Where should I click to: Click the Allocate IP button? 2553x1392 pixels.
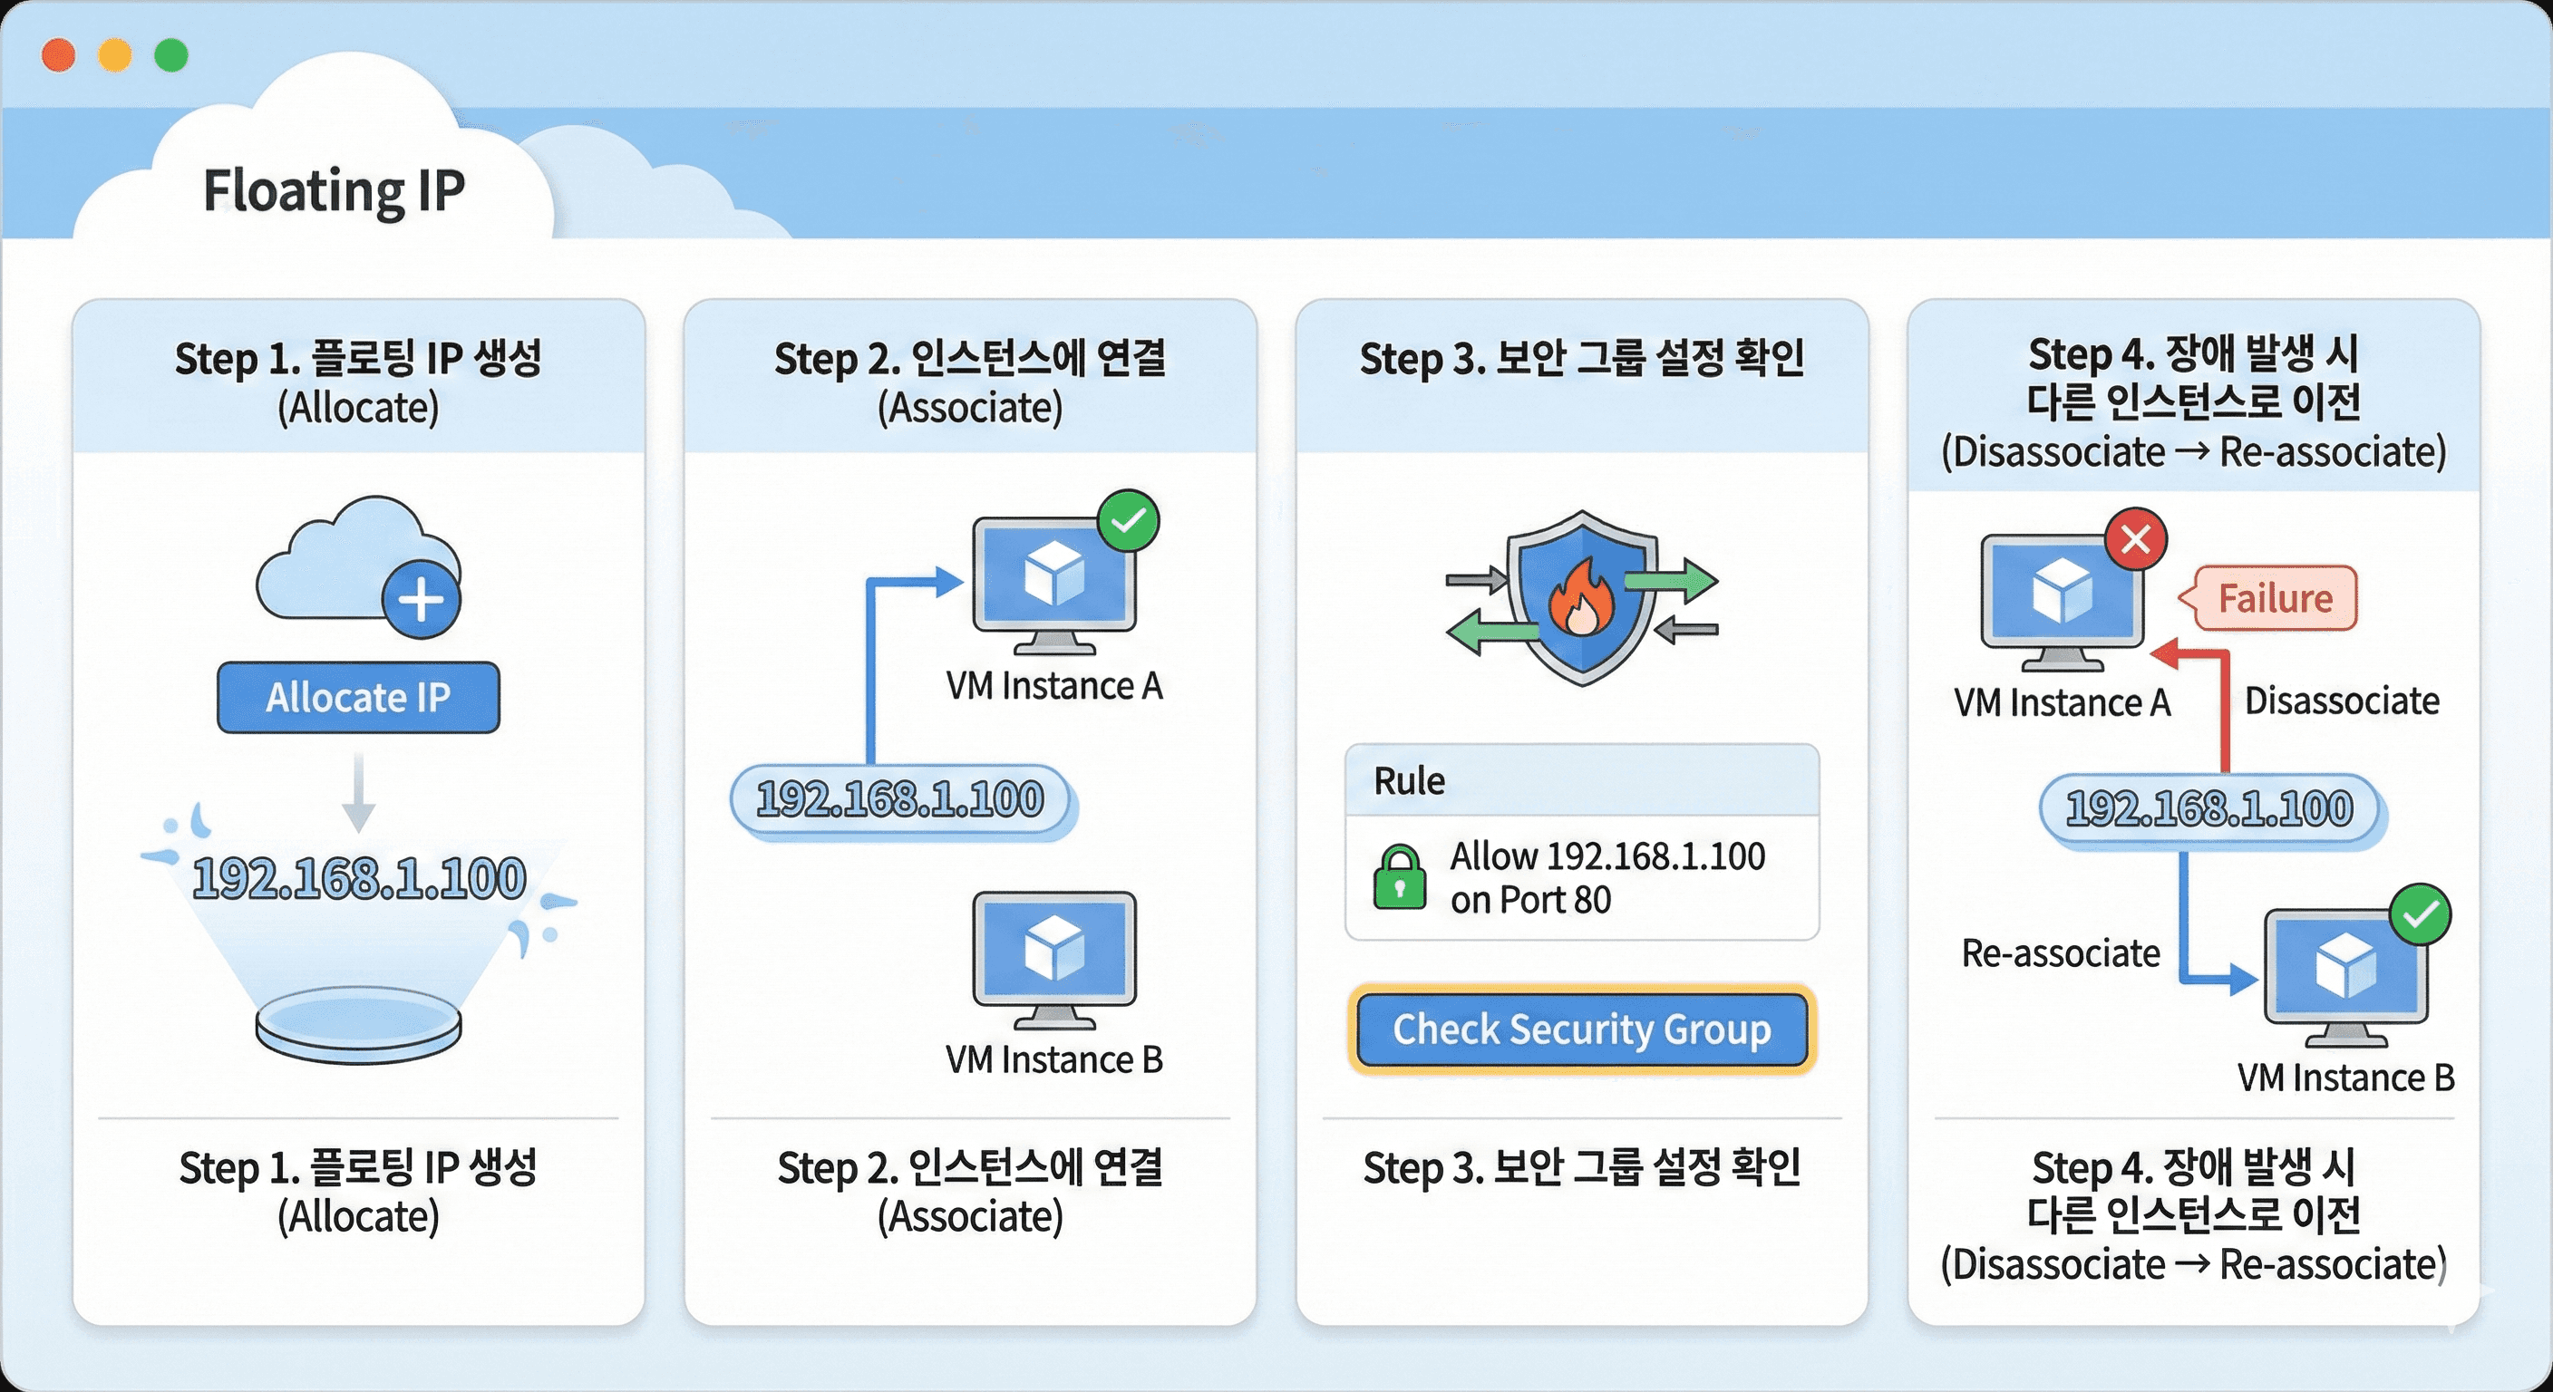coord(358,698)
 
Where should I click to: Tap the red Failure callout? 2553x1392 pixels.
coord(2276,598)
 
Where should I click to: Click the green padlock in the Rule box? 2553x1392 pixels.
coord(1400,878)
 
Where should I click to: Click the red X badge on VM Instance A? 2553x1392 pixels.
coord(2135,540)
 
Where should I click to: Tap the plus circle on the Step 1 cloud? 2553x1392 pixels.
coord(422,599)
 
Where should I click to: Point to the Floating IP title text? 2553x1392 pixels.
coord(334,190)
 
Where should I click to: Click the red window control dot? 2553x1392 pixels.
coord(58,55)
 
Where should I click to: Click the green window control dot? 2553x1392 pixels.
coord(171,55)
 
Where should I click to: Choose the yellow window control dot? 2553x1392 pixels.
coord(115,55)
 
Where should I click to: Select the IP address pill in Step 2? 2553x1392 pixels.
coord(901,799)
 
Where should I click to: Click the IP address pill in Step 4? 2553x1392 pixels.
coord(2209,809)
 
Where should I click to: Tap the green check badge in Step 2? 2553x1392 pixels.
coord(1128,521)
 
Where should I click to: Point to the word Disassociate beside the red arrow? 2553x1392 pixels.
coord(2341,701)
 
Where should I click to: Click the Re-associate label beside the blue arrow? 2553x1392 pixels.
coord(2061,953)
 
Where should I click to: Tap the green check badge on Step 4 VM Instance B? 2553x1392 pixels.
coord(2421,914)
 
